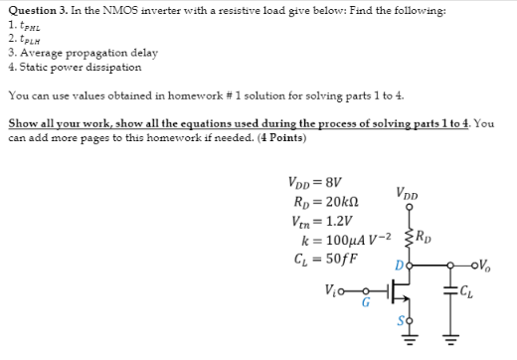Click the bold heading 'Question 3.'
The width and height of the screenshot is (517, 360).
point(37,11)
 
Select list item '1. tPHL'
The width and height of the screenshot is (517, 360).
point(22,25)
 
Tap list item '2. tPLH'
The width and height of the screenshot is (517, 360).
point(22,38)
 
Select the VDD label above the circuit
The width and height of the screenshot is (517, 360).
point(407,194)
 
